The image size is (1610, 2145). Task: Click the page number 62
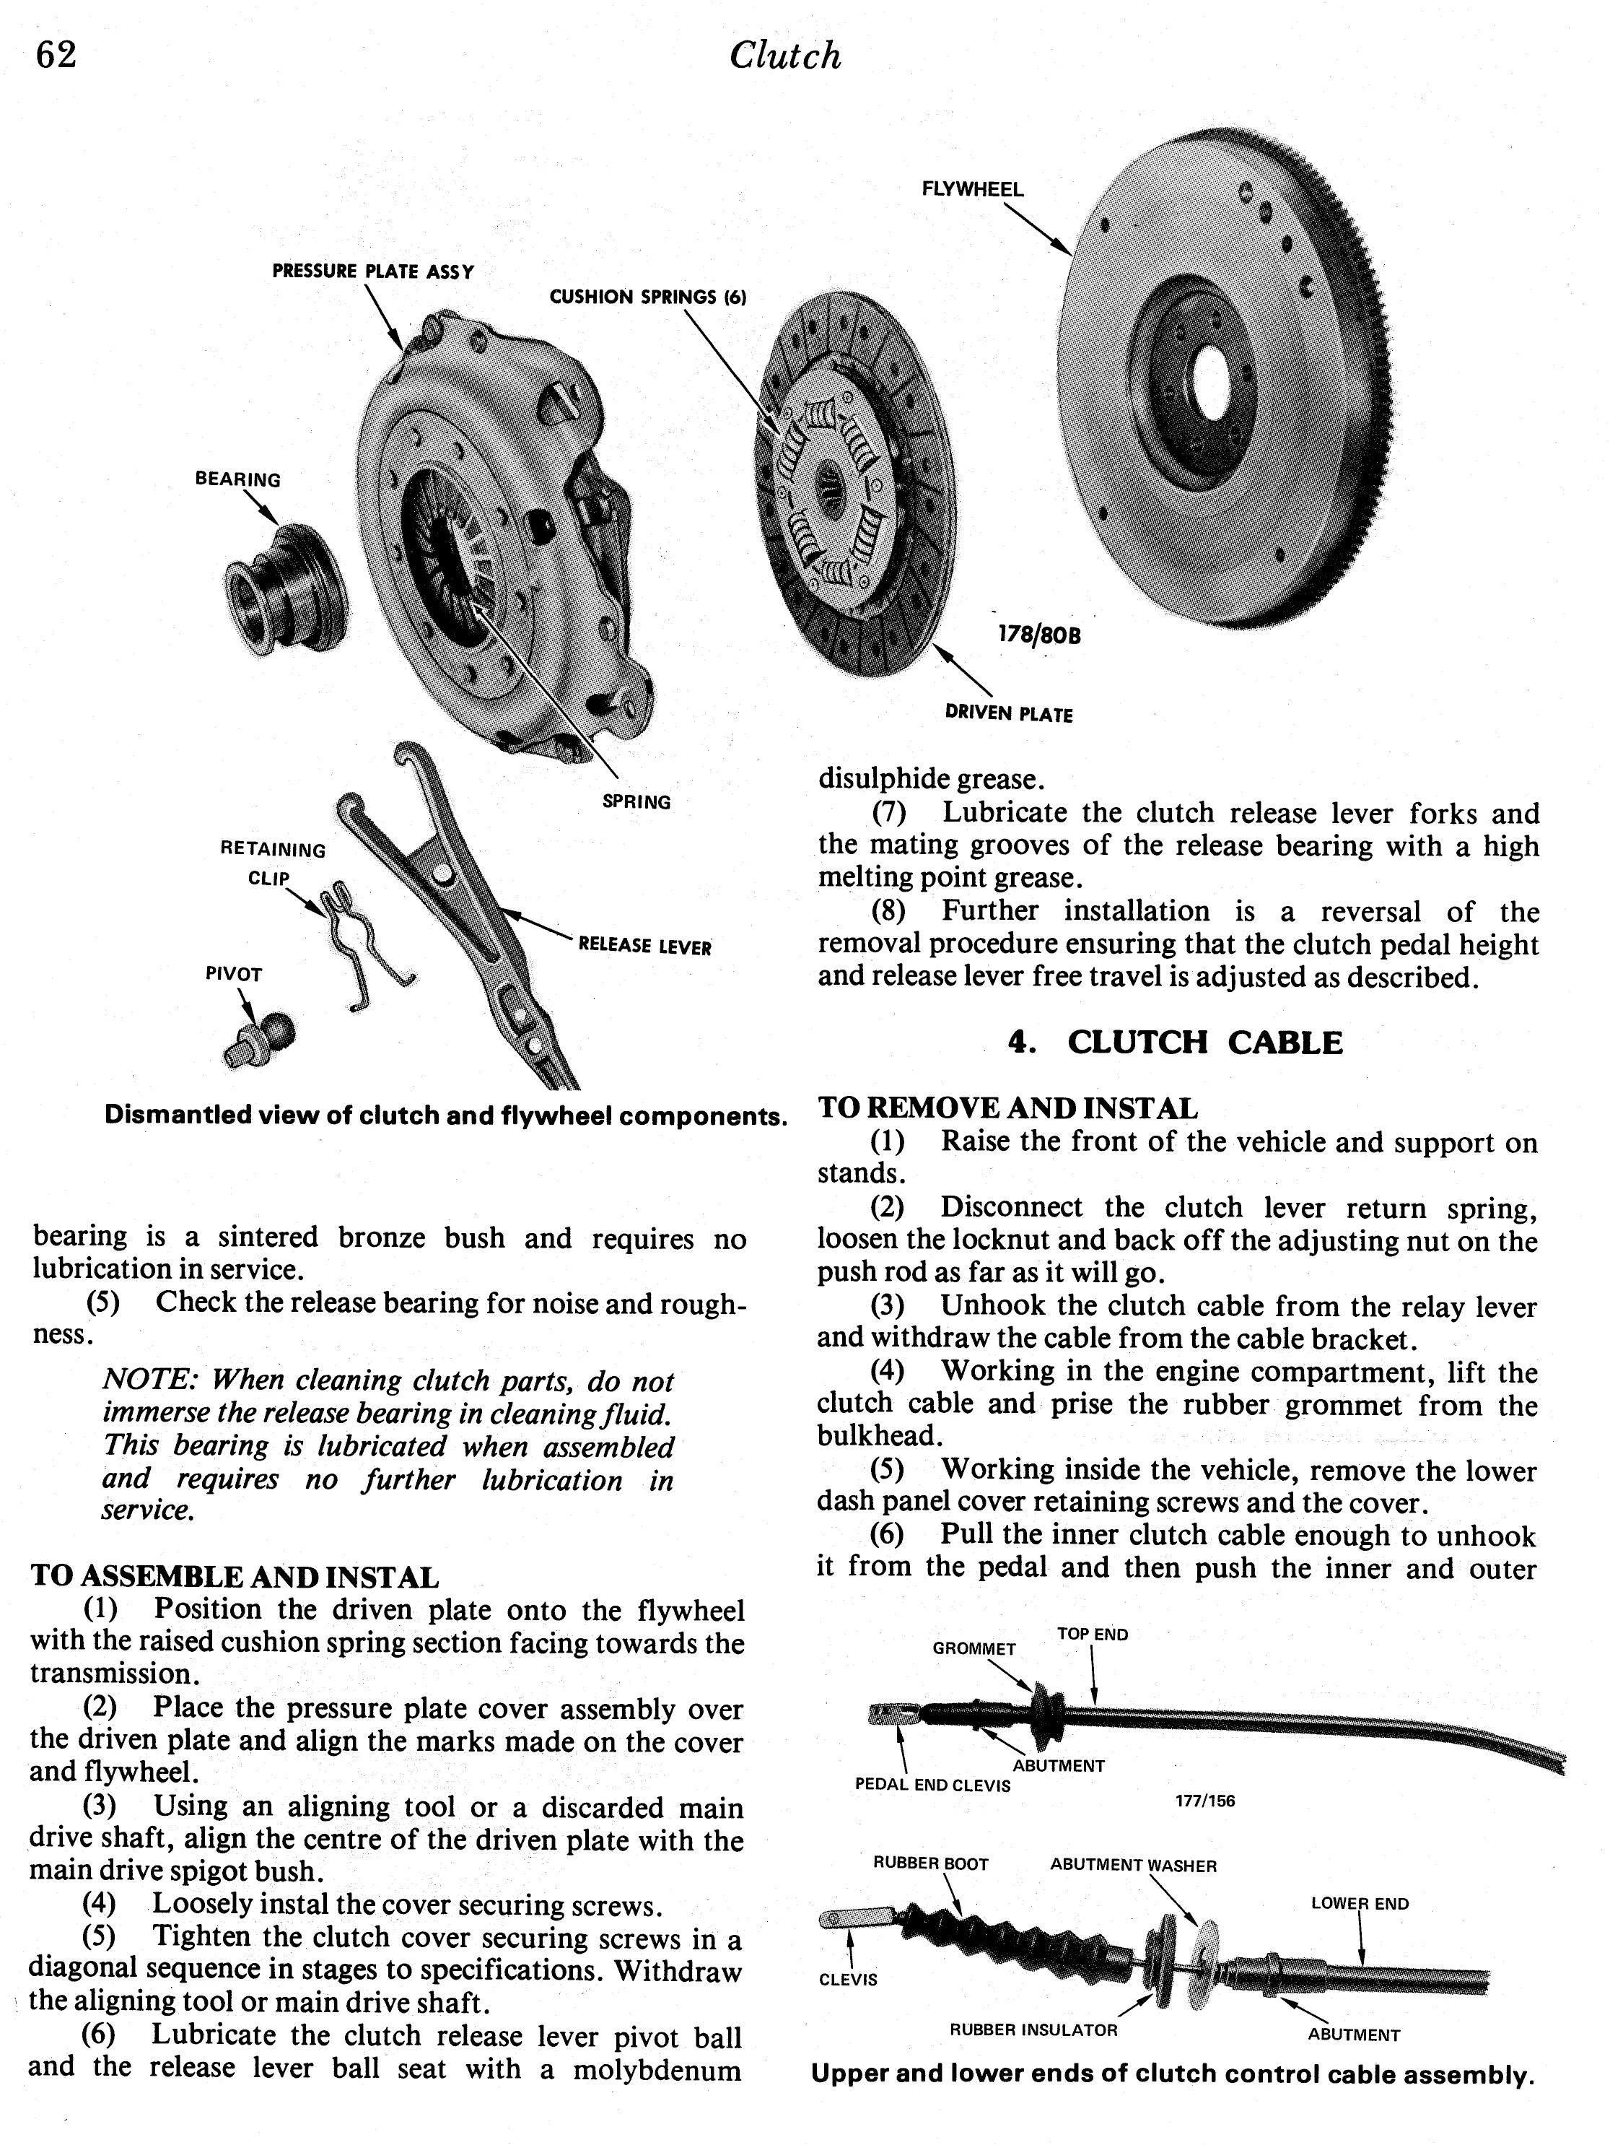point(56,56)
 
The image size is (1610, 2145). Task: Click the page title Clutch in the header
point(784,56)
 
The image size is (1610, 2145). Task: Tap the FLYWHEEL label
point(971,190)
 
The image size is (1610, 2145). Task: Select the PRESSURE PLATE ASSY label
point(372,271)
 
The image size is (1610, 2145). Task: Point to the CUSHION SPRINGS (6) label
point(647,297)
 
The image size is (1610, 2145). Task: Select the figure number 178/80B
point(1038,636)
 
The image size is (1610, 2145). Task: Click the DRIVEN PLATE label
point(1008,715)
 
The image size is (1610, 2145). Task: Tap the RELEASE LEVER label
point(644,947)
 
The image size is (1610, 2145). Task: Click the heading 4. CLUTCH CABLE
point(1176,1043)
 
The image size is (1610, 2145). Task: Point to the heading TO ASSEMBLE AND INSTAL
point(235,1577)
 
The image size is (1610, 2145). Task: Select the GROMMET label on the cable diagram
point(974,1648)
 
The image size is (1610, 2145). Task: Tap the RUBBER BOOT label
point(929,1863)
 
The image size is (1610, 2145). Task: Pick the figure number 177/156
point(1205,1801)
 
